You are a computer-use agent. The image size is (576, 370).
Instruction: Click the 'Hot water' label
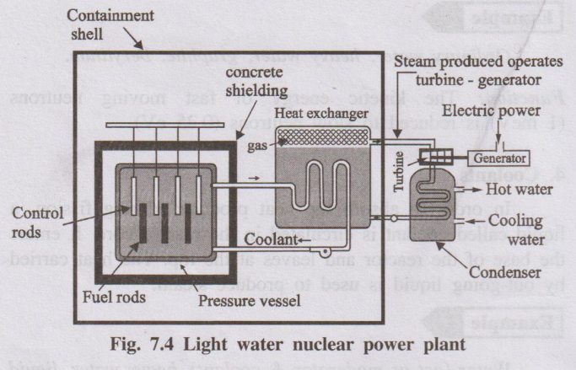point(519,190)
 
